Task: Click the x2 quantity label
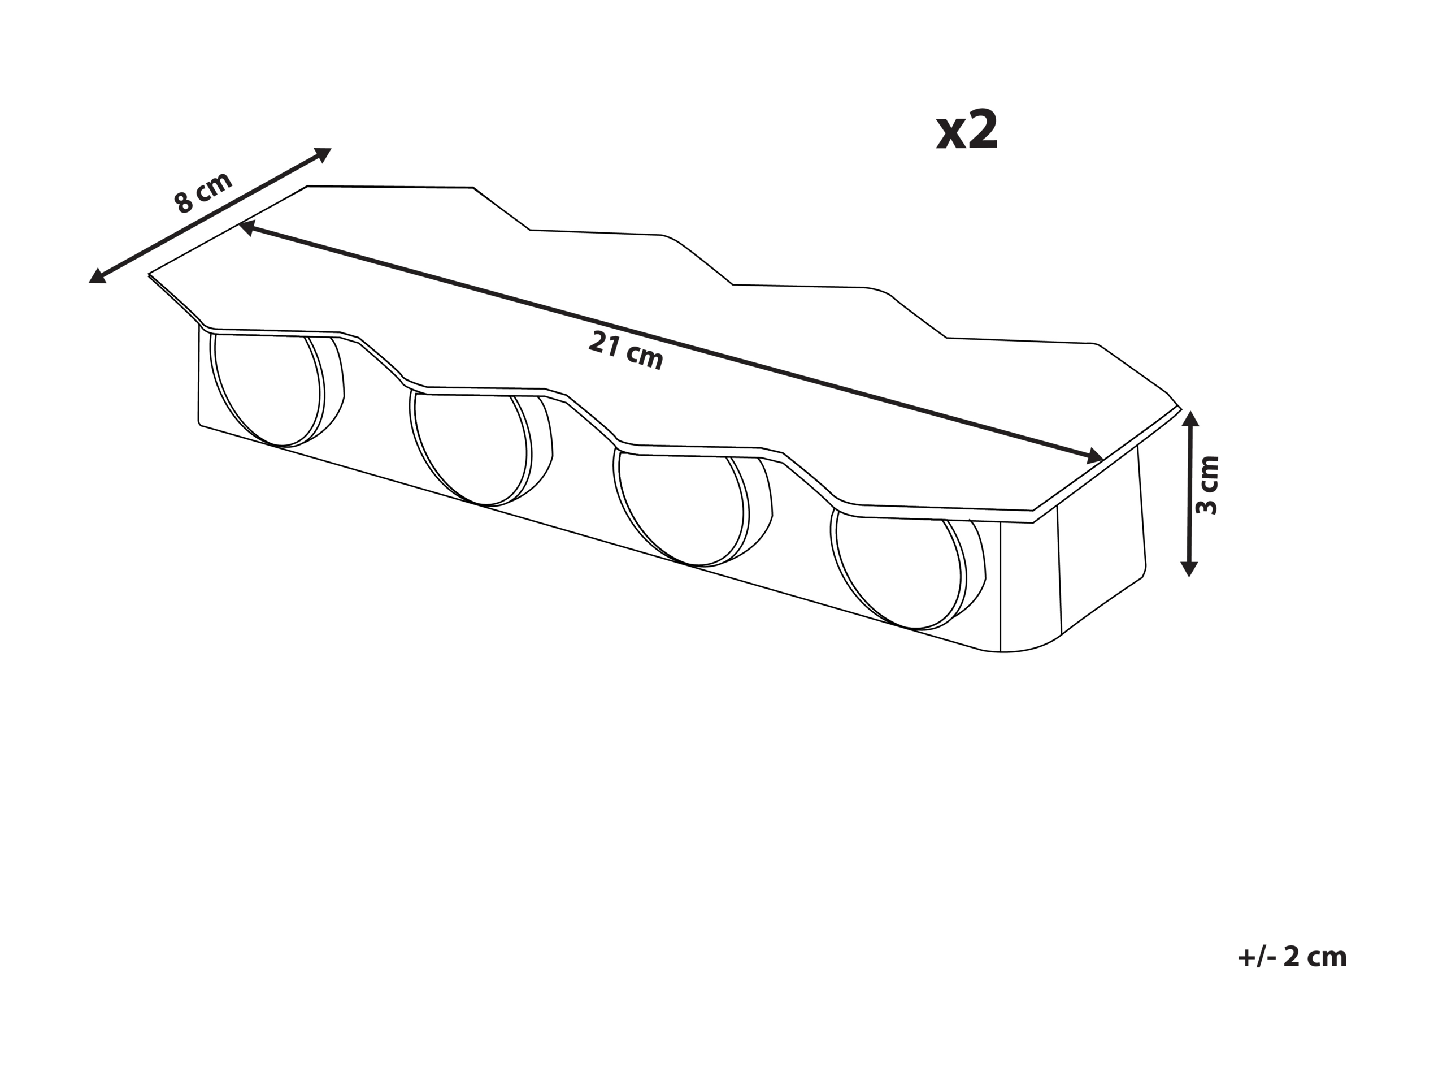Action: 967,132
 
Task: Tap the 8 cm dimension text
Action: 203,193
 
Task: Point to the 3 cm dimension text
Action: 1207,485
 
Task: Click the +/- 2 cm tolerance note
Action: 1292,957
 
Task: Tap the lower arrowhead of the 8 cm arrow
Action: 98,275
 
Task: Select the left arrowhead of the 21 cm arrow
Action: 247,228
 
